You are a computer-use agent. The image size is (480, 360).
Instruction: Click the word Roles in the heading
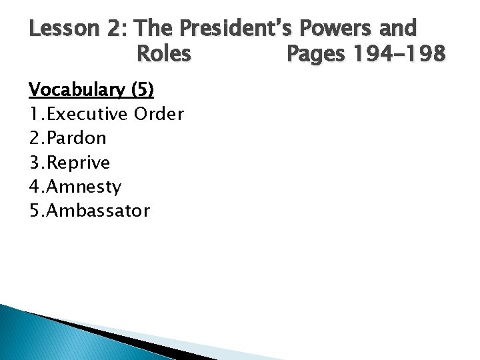click(163, 53)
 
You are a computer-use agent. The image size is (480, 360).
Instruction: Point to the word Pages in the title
click(315, 53)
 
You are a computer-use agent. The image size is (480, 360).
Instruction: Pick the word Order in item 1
click(159, 114)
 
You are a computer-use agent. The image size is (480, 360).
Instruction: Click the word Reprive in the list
click(79, 163)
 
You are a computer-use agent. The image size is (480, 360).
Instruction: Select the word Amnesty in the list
click(84, 187)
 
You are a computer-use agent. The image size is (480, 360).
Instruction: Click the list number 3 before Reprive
click(35, 163)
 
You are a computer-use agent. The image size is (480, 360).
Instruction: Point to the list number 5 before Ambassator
click(35, 211)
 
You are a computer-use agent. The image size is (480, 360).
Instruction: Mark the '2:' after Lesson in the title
click(114, 29)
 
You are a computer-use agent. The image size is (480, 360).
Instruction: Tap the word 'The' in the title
click(157, 29)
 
